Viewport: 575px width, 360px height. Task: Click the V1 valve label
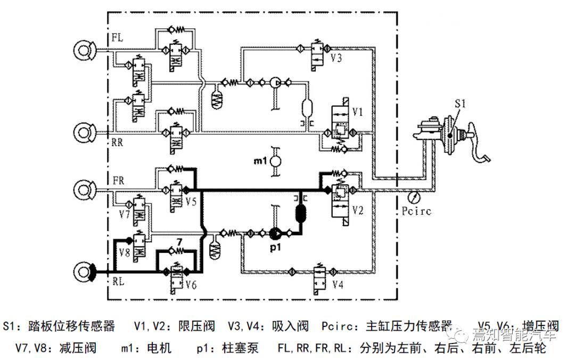357,112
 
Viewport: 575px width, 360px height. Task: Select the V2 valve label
357,211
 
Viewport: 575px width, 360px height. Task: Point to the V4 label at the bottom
337,285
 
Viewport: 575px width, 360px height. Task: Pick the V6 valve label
191,284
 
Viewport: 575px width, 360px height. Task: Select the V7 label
125,215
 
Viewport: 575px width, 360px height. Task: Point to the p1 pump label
276,247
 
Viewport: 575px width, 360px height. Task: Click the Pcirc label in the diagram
416,211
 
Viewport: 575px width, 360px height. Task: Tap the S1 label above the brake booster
461,103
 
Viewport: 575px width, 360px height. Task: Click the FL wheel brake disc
84,51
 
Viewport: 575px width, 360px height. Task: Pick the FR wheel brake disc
84,189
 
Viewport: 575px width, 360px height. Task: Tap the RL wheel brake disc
84,273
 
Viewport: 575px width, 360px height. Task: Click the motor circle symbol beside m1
276,160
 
